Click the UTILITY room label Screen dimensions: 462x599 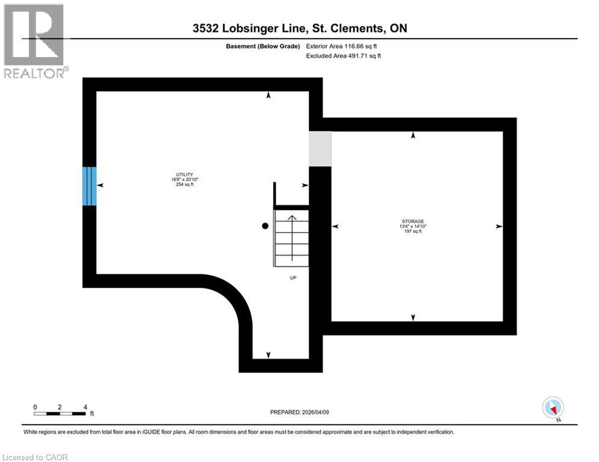pyautogui.click(x=184, y=174)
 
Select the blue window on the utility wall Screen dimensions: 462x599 pyautogui.click(x=89, y=186)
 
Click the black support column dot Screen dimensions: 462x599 pyautogui.click(x=265, y=226)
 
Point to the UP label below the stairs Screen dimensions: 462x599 pyautogui.click(x=293, y=278)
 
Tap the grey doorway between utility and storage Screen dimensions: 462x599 pyautogui.click(x=320, y=149)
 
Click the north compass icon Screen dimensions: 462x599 pyautogui.click(x=552, y=407)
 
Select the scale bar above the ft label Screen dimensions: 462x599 pyautogui.click(x=60, y=414)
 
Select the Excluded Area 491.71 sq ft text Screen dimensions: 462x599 pyautogui.click(x=344, y=56)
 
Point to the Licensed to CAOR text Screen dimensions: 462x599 pyautogui.click(x=36, y=457)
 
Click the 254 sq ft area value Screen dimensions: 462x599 pyautogui.click(x=184, y=185)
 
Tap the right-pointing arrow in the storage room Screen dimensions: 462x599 pyautogui.click(x=498, y=226)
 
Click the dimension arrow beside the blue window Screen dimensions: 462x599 pyautogui.click(x=100, y=186)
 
